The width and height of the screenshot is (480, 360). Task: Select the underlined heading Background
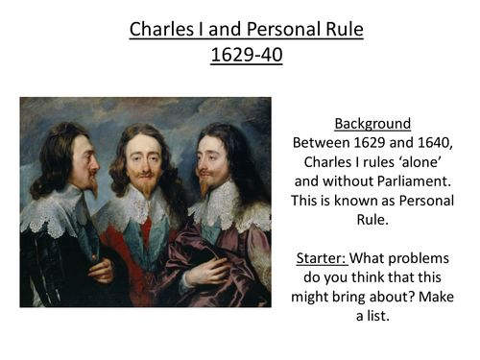pos(372,124)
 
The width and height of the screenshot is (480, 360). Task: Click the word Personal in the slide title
pos(293,31)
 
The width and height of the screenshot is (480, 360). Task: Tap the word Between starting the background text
pos(323,143)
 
